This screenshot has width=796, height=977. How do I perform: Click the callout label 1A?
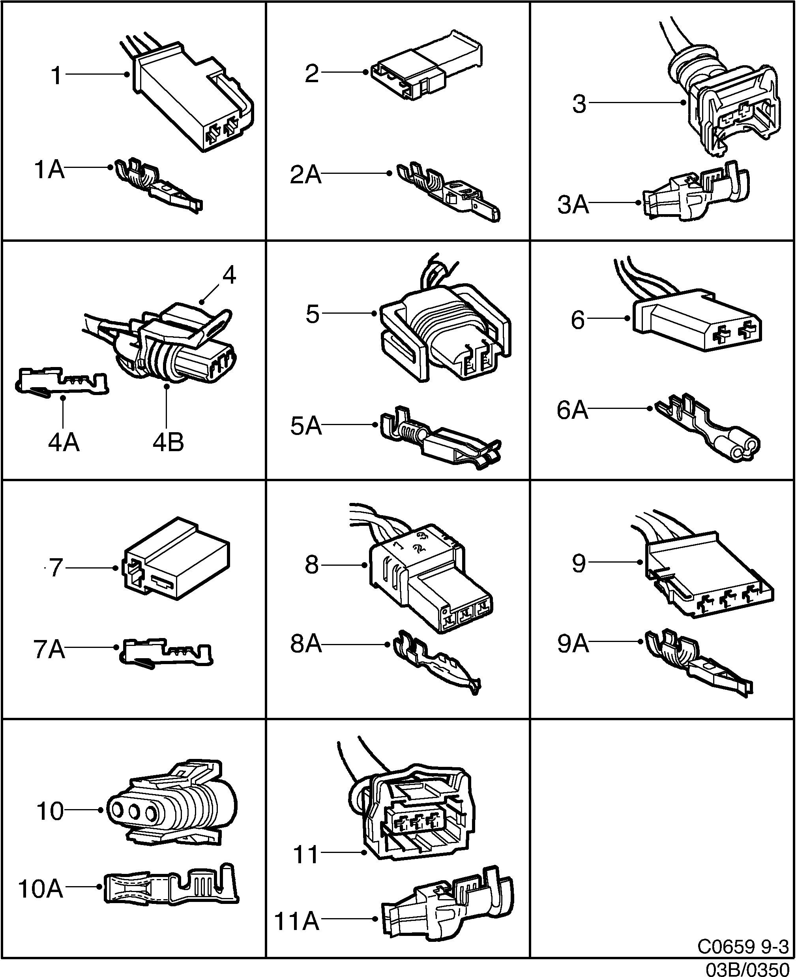pyautogui.click(x=49, y=170)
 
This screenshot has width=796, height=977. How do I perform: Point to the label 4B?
pyautogui.click(x=168, y=442)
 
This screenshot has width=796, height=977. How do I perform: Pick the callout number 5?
pyautogui.click(x=312, y=314)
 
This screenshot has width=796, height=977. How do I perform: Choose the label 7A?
pyautogui.click(x=49, y=649)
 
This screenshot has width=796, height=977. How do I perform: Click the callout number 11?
pyautogui.click(x=305, y=855)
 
